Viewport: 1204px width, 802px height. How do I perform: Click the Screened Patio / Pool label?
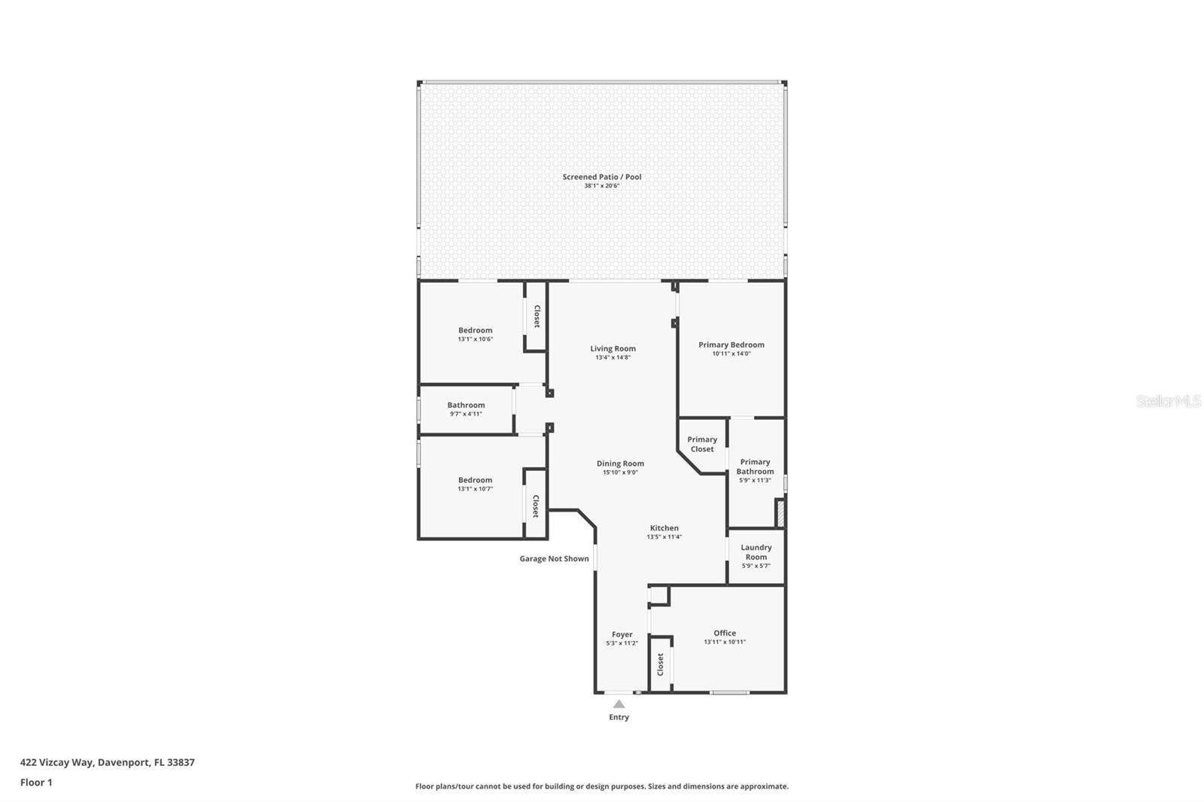pyautogui.click(x=602, y=177)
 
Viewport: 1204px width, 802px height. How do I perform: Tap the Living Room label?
pyautogui.click(x=613, y=348)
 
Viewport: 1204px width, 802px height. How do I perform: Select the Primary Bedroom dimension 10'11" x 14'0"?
pyautogui.click(x=731, y=354)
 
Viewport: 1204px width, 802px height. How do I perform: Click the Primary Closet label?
pyautogui.click(x=702, y=444)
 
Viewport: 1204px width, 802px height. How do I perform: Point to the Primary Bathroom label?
pyautogui.click(x=755, y=466)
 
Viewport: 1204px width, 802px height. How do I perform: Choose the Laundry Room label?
pyautogui.click(x=756, y=552)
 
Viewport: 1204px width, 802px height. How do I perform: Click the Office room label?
pyautogui.click(x=725, y=633)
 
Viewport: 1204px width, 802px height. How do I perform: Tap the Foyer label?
pyautogui.click(x=622, y=634)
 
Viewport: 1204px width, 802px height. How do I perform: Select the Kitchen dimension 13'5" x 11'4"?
pyautogui.click(x=664, y=537)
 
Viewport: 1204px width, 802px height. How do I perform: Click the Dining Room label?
pyautogui.click(x=620, y=463)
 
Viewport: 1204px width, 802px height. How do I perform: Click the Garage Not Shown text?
pyautogui.click(x=554, y=558)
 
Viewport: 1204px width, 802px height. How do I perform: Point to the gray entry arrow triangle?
pyautogui.click(x=619, y=704)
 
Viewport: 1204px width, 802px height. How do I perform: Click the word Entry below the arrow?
pyautogui.click(x=619, y=717)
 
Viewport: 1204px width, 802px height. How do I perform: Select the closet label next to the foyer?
pyautogui.click(x=661, y=664)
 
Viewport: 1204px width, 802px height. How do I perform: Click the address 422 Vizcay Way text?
pyautogui.click(x=107, y=762)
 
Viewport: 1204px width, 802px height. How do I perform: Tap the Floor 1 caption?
pyautogui.click(x=36, y=782)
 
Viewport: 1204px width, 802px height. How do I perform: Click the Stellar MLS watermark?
pyautogui.click(x=1168, y=401)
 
